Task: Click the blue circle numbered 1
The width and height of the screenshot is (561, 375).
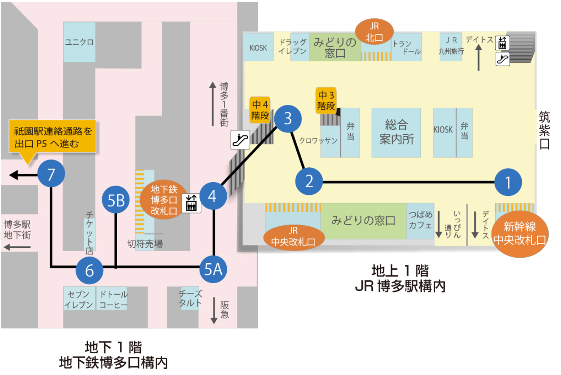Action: point(508,182)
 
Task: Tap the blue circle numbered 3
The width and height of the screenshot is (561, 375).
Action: point(288,119)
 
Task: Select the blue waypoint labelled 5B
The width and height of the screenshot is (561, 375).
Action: point(116,200)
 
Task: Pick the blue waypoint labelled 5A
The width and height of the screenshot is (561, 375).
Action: point(213,269)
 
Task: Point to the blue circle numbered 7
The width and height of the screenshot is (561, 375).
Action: point(51,174)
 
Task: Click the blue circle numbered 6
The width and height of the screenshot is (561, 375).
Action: point(90,270)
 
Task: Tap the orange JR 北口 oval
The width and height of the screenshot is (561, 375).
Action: point(374,31)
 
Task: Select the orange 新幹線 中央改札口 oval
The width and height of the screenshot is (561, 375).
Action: point(520,234)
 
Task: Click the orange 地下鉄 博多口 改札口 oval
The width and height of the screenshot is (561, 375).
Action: point(164,200)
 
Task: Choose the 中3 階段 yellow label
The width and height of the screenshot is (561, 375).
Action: point(326,101)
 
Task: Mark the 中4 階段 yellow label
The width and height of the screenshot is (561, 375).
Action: point(260,110)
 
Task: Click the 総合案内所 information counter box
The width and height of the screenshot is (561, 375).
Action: point(396,133)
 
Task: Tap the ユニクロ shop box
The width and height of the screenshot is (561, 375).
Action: point(79,42)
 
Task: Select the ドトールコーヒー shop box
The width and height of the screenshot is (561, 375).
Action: point(112,299)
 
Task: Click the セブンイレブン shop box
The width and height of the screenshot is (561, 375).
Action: point(79,299)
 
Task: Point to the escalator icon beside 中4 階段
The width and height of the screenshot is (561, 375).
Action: point(240,140)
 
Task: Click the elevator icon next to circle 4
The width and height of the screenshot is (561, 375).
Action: point(192,203)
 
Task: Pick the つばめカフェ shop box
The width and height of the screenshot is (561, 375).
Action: point(420,221)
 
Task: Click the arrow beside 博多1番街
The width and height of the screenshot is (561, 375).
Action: point(213,104)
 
